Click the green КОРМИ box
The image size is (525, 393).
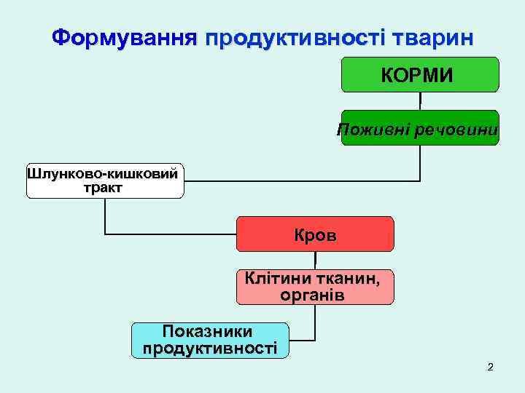click(420, 74)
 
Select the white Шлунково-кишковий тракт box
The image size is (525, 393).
click(105, 180)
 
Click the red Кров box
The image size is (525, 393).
click(315, 234)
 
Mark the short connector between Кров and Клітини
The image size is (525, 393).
click(315, 261)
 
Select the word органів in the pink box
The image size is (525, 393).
click(312, 295)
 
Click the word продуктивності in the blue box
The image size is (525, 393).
click(210, 348)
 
